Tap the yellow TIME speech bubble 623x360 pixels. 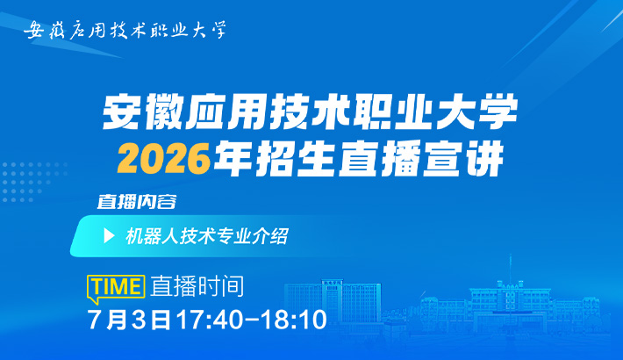(x=116, y=287)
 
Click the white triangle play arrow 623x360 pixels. (x=109, y=236)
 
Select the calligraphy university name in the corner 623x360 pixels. (x=125, y=30)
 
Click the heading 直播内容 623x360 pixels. (x=137, y=202)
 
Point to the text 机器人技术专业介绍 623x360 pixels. (x=206, y=236)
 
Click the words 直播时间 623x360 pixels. (x=197, y=286)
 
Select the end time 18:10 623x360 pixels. (x=294, y=320)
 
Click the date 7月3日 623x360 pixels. (x=129, y=320)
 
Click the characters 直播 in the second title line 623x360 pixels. (x=379, y=160)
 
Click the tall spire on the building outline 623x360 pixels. (x=510, y=269)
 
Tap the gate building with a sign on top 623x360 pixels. (x=333, y=302)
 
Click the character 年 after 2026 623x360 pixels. (x=233, y=160)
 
